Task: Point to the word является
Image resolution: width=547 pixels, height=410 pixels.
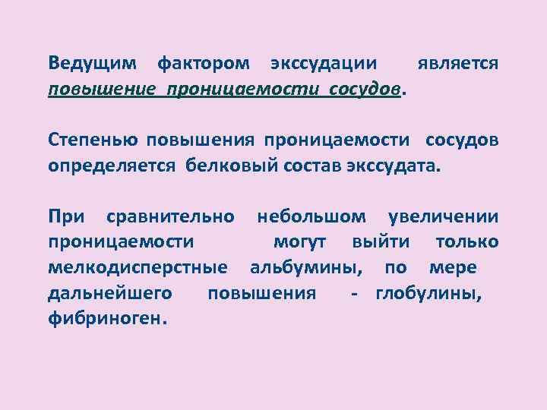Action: [x=459, y=64]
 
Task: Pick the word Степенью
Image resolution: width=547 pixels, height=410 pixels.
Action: [x=93, y=140]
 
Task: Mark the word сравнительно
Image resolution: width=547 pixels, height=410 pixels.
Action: [x=170, y=217]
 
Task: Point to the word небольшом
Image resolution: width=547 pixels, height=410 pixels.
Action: [x=315, y=217]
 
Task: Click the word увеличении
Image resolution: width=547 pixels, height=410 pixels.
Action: [x=444, y=217]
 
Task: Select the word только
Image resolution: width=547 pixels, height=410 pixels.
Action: [x=467, y=243]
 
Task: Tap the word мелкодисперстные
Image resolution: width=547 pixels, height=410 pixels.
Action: [x=138, y=268]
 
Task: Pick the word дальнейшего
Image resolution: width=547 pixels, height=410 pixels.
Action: [x=110, y=294]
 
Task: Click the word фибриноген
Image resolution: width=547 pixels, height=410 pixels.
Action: [x=106, y=319]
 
